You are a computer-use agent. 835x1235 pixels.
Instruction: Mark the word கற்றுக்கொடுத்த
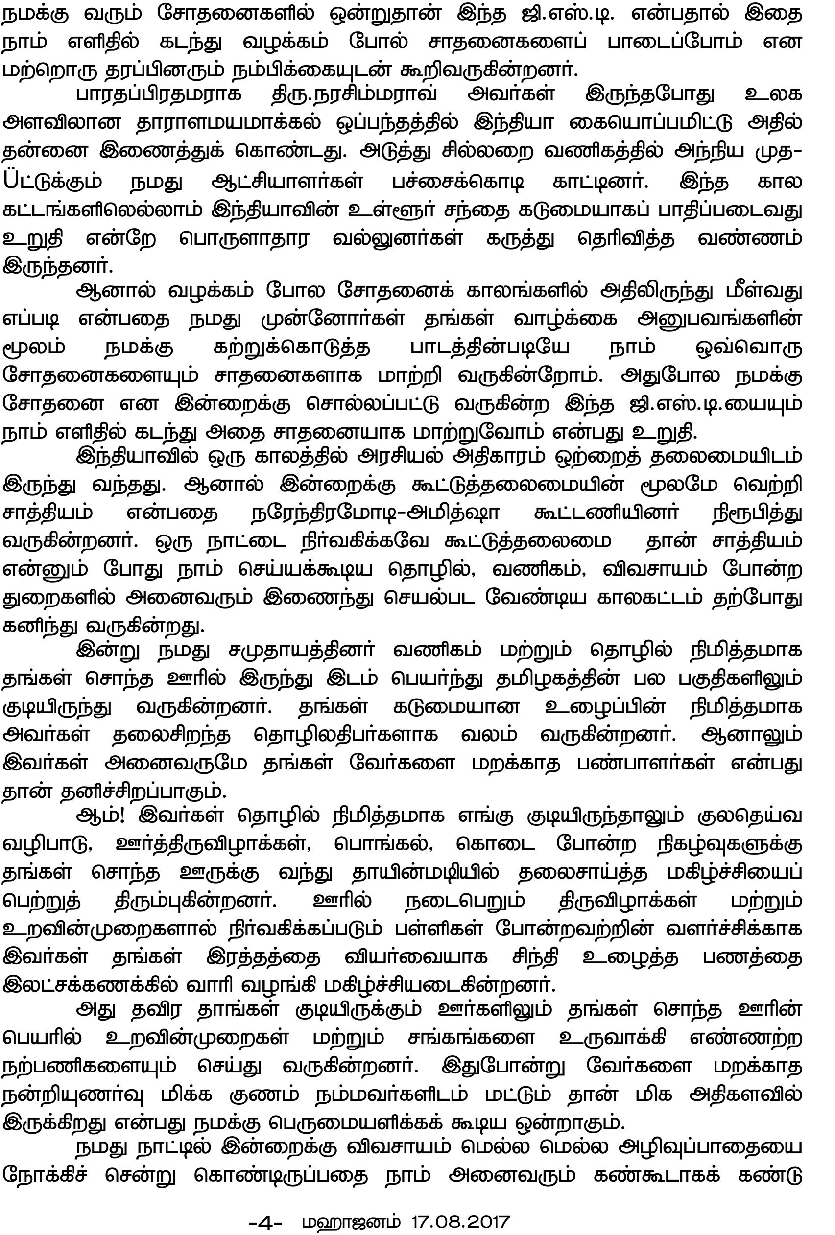tap(292, 348)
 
